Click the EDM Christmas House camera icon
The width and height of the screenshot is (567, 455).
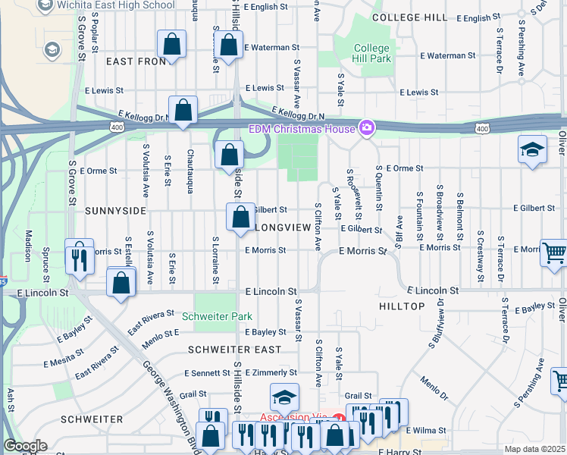(367, 128)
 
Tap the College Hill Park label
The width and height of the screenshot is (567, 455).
(372, 54)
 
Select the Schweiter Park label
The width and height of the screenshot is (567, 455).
(216, 315)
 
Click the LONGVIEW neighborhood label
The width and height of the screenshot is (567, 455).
(283, 227)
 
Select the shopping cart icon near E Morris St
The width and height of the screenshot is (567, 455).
(554, 253)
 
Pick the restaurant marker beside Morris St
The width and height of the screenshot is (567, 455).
(79, 257)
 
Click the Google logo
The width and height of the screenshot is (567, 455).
(25, 446)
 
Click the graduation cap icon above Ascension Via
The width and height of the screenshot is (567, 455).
(284, 398)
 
